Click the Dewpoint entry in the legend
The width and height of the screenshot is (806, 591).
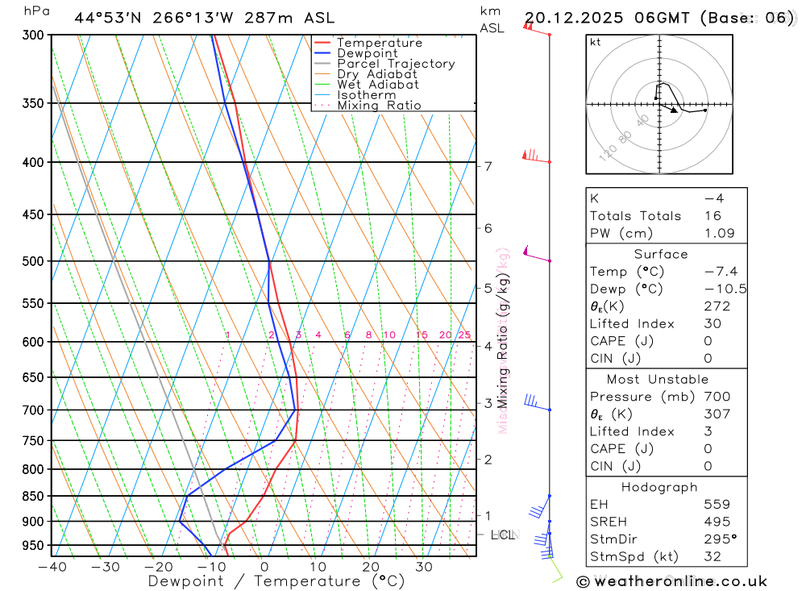[367, 53]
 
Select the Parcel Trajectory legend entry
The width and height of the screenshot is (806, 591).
[396, 64]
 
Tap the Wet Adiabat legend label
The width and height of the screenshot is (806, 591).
[378, 85]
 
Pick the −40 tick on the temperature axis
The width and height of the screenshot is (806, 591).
[52, 567]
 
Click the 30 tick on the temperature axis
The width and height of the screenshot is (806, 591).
[424, 567]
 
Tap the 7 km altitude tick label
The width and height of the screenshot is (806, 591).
[488, 167]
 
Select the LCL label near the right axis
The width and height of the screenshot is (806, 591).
[503, 535]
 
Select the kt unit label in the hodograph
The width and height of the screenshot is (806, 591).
[596, 42]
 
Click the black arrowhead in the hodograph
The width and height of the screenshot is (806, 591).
[674, 110]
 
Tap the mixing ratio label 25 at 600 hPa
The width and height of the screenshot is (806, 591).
[464, 335]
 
